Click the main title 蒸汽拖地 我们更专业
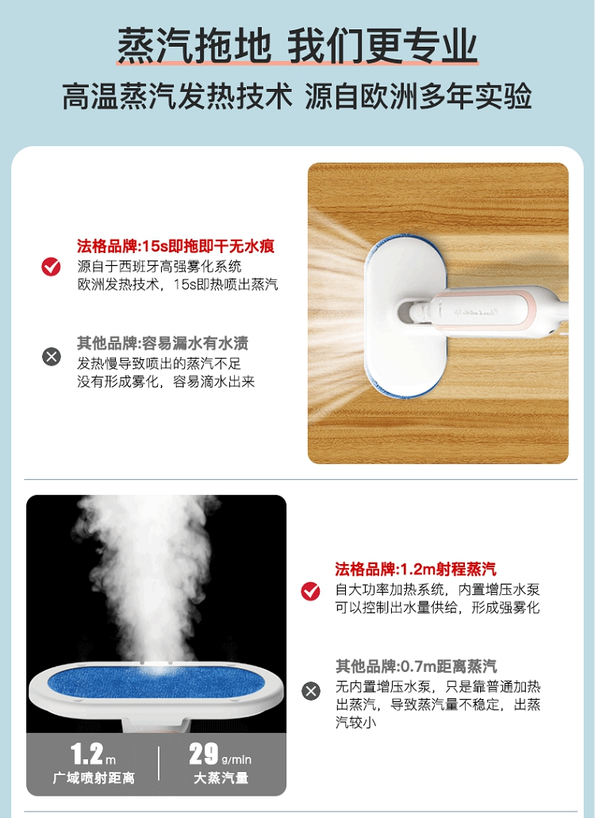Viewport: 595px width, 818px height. tap(297, 46)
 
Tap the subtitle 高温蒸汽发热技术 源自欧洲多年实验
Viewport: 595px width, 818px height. tap(297, 96)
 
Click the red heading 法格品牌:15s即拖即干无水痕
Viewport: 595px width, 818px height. tap(176, 246)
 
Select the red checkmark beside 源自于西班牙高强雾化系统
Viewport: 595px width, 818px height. tap(51, 266)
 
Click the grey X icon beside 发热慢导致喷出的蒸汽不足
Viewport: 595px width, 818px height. tap(51, 357)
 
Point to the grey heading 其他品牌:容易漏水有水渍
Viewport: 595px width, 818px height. tap(163, 344)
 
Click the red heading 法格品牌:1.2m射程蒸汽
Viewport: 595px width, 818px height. tap(416, 569)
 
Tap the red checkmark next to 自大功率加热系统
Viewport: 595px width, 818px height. tap(311, 591)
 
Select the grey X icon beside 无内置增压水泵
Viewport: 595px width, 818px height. tap(311, 691)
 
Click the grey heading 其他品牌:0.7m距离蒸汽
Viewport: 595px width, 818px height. tap(416, 666)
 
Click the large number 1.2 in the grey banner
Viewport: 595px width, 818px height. tap(86, 755)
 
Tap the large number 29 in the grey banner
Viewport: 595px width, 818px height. tap(203, 755)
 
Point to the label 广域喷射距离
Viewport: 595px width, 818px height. tap(94, 778)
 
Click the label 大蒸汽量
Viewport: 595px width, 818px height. tap(221, 778)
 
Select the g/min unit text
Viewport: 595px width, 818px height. tap(236, 759)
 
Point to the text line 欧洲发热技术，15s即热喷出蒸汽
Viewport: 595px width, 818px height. tap(178, 285)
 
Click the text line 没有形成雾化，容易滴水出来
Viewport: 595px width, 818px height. tap(166, 382)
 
